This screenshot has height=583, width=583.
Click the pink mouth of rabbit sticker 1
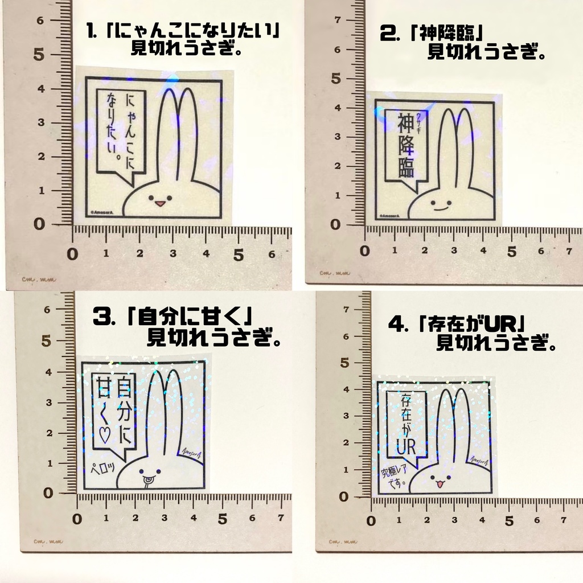[160, 203]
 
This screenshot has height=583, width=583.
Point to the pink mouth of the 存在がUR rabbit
[439, 484]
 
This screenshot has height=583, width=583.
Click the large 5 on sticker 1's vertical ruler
[39, 55]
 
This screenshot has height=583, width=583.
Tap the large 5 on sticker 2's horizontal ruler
[511, 251]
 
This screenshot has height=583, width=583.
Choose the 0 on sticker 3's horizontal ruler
[78, 519]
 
